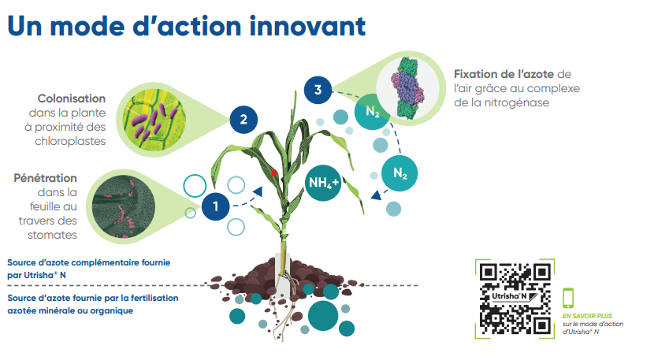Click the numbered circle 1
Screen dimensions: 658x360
pyautogui.click(x=216, y=206)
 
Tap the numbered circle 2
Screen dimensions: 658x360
pyautogui.click(x=243, y=120)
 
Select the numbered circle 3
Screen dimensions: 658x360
pyautogui.click(x=318, y=90)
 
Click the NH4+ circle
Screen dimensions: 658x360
pyautogui.click(x=323, y=183)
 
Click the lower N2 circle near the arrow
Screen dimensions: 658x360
pyautogui.click(x=400, y=173)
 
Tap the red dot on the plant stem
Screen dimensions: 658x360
pyautogui.click(x=274, y=173)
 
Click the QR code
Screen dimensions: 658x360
pyautogui.click(x=515, y=299)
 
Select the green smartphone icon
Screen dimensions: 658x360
pyautogui.click(x=568, y=298)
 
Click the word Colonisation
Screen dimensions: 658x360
pyautogui.click(x=72, y=98)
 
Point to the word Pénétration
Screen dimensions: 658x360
pyautogui.click(x=46, y=178)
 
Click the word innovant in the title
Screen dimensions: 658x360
pyautogui.click(x=307, y=26)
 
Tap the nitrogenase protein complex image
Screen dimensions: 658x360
pyautogui.click(x=407, y=87)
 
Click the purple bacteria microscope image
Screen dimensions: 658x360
pyautogui.click(x=154, y=120)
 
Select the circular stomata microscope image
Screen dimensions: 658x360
pyautogui.click(x=124, y=206)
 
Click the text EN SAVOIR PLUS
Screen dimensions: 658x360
pyautogui.click(x=588, y=316)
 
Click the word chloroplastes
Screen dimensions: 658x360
pyautogui.click(x=70, y=141)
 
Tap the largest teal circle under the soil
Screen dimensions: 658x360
pyautogui.click(x=323, y=316)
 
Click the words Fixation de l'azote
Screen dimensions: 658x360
pyautogui.click(x=504, y=74)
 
